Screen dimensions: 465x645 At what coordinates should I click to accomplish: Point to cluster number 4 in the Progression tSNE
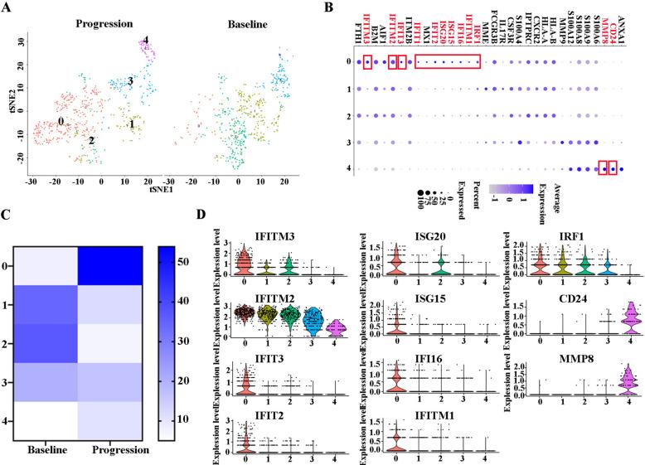coord(145,40)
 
